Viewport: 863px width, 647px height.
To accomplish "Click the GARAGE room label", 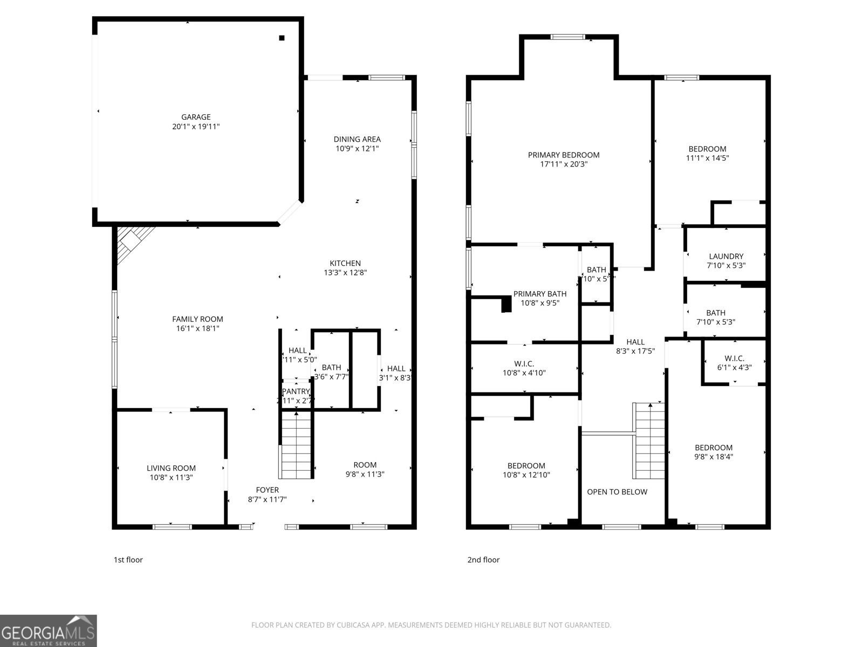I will (196, 117).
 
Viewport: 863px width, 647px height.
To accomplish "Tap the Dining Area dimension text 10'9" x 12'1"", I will (357, 148).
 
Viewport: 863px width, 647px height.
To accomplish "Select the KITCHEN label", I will (345, 263).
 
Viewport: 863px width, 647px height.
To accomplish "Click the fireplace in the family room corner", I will (132, 242).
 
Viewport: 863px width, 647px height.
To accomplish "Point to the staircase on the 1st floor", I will (296, 445).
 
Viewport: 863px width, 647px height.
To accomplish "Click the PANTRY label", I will (296, 391).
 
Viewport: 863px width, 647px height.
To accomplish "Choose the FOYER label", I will (267, 490).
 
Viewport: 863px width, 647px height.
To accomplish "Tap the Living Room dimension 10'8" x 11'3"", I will (171, 477).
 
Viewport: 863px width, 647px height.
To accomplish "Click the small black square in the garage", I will (282, 38).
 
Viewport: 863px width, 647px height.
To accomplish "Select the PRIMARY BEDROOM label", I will (563, 155).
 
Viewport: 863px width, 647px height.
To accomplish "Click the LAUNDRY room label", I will (725, 256).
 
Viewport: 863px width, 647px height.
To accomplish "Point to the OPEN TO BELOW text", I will (617, 492).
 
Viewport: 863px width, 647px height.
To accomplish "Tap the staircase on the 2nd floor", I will (649, 441).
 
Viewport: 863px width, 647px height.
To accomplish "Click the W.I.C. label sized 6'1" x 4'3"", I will (734, 358).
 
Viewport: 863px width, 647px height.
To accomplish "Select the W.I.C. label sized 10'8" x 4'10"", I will (524, 363).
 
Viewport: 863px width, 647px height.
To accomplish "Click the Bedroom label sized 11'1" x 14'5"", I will (707, 149).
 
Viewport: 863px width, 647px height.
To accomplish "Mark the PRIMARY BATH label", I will (539, 294).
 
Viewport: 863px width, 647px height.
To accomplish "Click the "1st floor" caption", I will (128, 560).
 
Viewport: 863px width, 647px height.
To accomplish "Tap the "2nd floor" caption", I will (483, 560).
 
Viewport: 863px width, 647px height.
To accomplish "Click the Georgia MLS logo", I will (48, 630).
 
